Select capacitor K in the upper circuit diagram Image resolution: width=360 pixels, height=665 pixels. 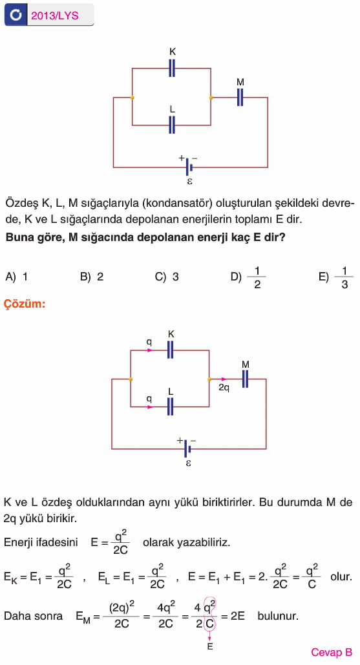(x=172, y=68)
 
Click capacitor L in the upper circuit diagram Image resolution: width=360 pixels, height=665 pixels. (x=172, y=125)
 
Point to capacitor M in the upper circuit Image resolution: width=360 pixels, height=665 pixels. (x=240, y=97)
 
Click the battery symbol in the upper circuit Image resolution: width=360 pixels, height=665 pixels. (x=189, y=167)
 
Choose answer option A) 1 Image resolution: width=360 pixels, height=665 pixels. (x=17, y=277)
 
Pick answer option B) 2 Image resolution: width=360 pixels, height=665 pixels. (x=92, y=277)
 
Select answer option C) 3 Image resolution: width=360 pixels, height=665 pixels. (x=167, y=277)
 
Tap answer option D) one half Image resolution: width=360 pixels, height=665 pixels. (x=248, y=277)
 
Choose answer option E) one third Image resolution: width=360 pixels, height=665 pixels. (x=336, y=277)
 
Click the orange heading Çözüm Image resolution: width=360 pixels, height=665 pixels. (x=25, y=304)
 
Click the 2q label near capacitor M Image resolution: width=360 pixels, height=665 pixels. (x=224, y=387)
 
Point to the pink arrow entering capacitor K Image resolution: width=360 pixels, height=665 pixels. (x=149, y=350)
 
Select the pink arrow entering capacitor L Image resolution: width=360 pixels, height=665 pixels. (x=149, y=406)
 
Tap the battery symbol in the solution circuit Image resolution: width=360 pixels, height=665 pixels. (x=187, y=449)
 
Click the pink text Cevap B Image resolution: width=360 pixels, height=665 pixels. (x=332, y=652)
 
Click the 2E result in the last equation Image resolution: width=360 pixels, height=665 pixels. (x=238, y=617)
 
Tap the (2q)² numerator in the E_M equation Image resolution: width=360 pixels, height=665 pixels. (x=122, y=607)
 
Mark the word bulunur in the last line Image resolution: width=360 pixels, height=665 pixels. (x=278, y=617)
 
